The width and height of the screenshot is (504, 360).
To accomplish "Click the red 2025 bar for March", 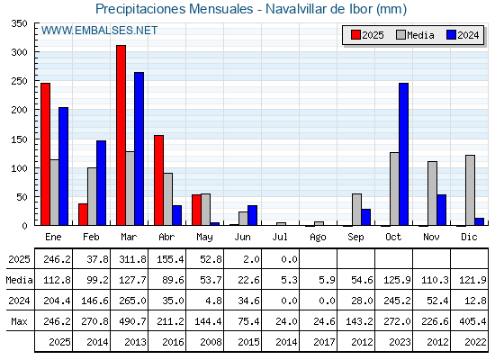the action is (x=121, y=135).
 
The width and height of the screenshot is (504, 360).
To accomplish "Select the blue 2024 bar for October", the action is (x=404, y=154).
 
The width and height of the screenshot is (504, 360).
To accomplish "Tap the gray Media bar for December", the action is (x=470, y=190).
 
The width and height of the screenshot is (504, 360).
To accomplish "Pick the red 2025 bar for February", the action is (x=83, y=214).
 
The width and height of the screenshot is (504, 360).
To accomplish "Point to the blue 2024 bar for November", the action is (x=441, y=210).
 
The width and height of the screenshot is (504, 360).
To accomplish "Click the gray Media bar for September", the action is (x=356, y=209).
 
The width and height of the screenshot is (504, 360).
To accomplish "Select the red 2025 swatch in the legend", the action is (x=355, y=35).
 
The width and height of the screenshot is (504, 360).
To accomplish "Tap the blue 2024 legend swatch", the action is (x=451, y=35).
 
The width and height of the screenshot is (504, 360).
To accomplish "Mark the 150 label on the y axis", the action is (x=19, y=139).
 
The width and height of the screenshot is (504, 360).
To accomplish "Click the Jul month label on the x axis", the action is (x=280, y=237).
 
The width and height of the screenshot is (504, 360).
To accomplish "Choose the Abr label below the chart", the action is (x=166, y=237).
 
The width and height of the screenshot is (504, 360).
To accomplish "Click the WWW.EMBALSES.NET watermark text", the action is (x=99, y=31).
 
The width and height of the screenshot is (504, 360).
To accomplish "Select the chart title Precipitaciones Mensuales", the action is (x=175, y=9).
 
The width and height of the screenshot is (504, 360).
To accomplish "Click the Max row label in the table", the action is (x=19, y=321).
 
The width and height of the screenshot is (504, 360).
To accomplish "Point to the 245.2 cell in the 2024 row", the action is (x=397, y=301).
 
